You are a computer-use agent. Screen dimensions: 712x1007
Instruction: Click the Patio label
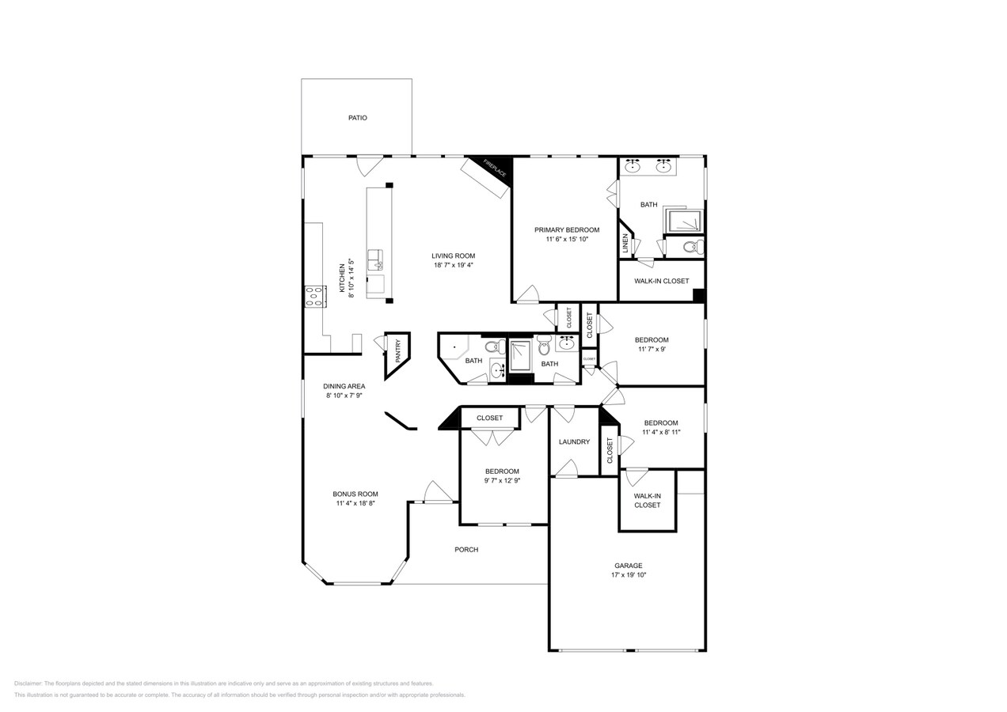pos(358,118)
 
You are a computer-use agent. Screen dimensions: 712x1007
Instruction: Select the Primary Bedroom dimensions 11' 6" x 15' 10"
pos(567,239)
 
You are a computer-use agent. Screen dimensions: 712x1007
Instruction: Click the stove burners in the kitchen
pos(314,296)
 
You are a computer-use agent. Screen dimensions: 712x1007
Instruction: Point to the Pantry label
pos(397,347)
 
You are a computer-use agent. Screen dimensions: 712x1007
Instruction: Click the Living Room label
pos(453,256)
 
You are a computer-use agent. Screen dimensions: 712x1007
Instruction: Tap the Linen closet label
pos(625,242)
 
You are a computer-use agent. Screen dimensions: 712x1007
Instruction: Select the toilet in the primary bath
pos(693,247)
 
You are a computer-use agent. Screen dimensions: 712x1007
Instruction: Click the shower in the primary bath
pos(684,221)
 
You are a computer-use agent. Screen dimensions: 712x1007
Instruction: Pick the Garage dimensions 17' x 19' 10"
pos(629,575)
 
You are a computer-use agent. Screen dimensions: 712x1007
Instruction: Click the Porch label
pos(466,550)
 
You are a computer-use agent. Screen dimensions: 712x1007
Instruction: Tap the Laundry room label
pos(574,442)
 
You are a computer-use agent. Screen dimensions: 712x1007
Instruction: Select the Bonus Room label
pos(355,494)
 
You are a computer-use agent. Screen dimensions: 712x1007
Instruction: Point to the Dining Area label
pos(344,386)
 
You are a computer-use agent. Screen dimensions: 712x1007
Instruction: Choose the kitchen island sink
pos(374,258)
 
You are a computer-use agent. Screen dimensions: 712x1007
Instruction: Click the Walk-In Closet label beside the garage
pos(647,500)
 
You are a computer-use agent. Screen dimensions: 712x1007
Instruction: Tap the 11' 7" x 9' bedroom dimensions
pos(652,349)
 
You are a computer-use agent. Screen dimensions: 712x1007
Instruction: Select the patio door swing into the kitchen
pos(369,165)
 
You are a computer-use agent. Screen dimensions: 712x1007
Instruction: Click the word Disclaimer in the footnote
pos(28,684)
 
